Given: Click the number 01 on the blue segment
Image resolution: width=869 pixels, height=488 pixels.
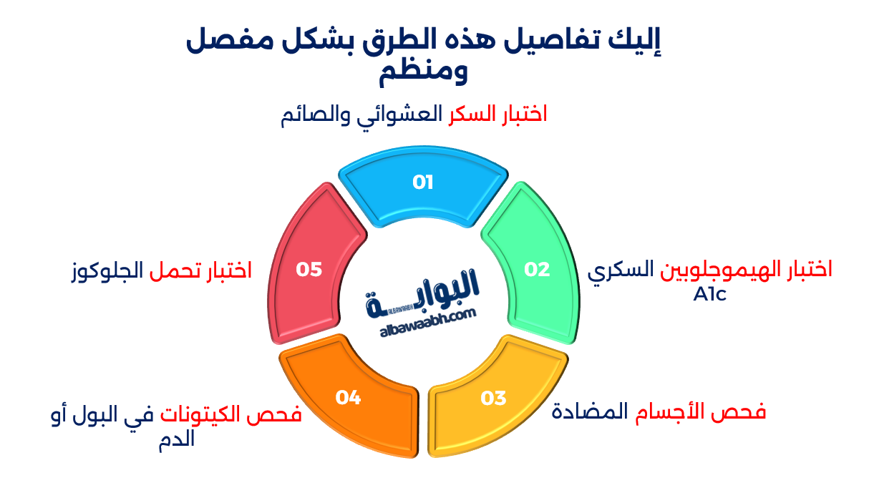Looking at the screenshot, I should [x=423, y=182].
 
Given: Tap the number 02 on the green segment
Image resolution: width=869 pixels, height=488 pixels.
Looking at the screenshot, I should [x=537, y=270].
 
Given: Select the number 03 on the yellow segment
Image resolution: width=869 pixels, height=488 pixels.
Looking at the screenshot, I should [x=494, y=397].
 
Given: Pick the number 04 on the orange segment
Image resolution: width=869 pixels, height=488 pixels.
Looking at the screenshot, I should [x=348, y=397].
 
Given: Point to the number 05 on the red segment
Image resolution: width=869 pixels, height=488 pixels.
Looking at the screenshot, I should [x=309, y=270].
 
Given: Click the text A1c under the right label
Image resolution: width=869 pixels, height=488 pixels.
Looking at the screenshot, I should [x=709, y=293].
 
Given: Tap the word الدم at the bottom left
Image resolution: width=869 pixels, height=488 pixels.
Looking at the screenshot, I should [x=176, y=439].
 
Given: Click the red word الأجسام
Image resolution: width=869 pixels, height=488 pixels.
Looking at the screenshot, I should [x=669, y=412].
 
